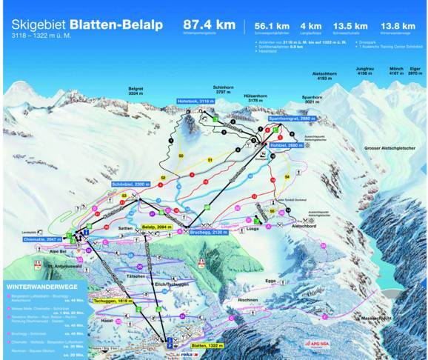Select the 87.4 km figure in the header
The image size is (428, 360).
[x=210, y=25]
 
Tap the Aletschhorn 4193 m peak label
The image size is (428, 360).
[x=325, y=76]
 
